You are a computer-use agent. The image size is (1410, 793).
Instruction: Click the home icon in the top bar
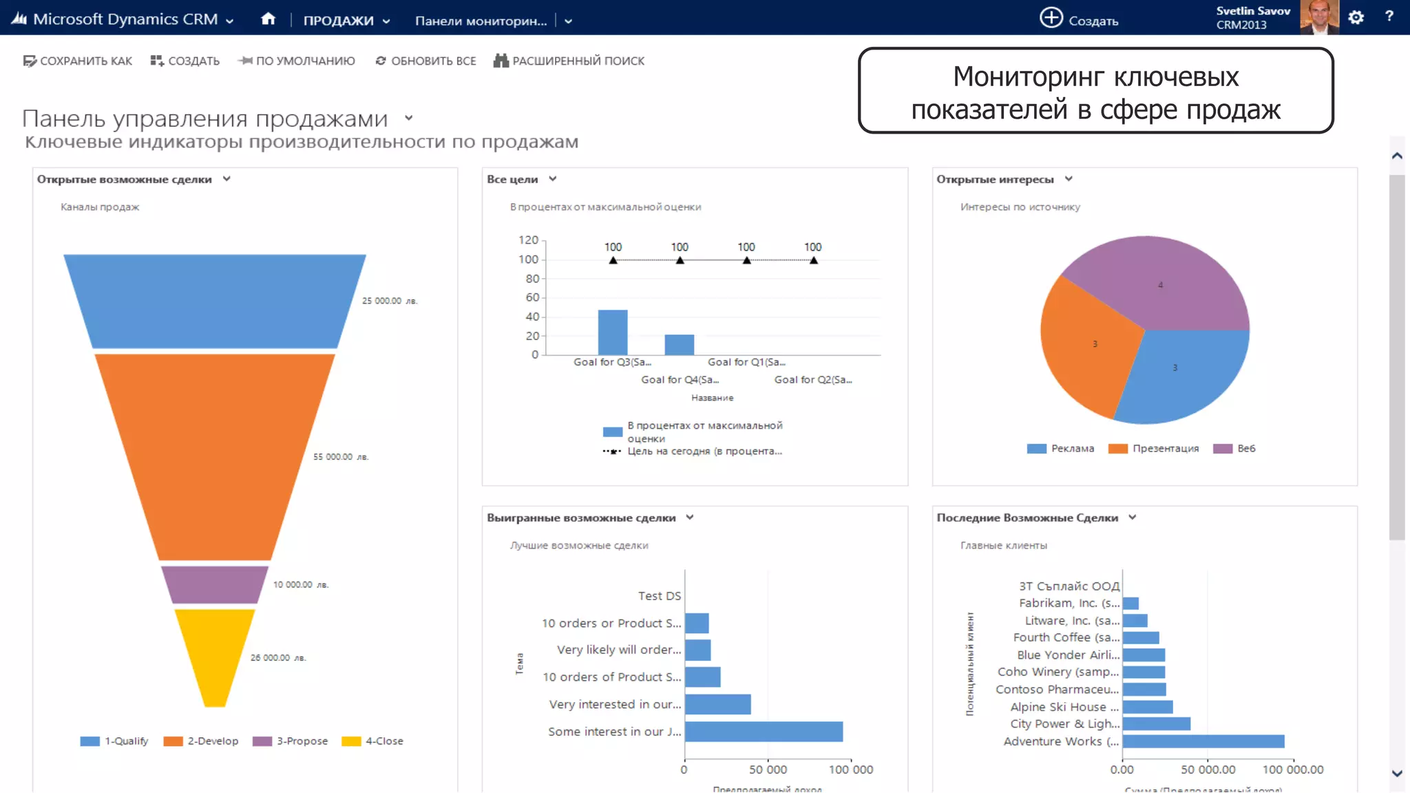(x=268, y=19)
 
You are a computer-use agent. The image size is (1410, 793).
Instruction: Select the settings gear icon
(x=1356, y=18)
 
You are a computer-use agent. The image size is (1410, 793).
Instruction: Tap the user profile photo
(x=1318, y=17)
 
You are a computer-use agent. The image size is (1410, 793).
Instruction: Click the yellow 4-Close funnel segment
(x=215, y=654)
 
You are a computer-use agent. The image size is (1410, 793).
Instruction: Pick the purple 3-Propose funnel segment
(x=215, y=584)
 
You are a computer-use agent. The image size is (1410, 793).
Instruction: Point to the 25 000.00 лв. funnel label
(x=390, y=301)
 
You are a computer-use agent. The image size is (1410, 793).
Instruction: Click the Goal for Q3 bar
(x=613, y=332)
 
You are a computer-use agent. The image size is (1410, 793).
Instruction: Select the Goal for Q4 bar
(x=680, y=345)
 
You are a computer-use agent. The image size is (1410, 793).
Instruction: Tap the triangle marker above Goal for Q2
(x=814, y=260)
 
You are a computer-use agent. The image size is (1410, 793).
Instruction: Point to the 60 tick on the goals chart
(x=532, y=297)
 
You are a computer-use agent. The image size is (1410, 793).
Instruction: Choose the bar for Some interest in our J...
(x=764, y=732)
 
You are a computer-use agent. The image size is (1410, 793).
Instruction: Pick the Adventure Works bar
(x=1203, y=741)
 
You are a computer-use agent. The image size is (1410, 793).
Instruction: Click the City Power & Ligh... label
(x=1064, y=723)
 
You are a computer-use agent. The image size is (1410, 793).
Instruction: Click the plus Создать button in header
(x=1078, y=19)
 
